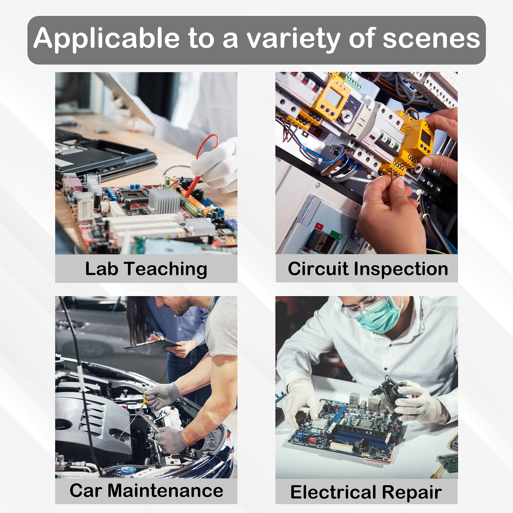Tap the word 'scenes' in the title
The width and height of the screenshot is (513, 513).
pyautogui.click(x=432, y=39)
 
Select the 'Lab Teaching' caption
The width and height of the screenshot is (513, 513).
pyautogui.click(x=146, y=269)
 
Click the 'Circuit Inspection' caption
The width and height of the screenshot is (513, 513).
pyautogui.click(x=368, y=269)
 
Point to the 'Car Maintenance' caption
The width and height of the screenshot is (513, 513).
pyautogui.click(x=146, y=490)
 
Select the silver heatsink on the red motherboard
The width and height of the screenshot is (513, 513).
pyautogui.click(x=164, y=200)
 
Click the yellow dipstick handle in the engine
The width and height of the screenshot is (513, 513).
pyautogui.click(x=144, y=401)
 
